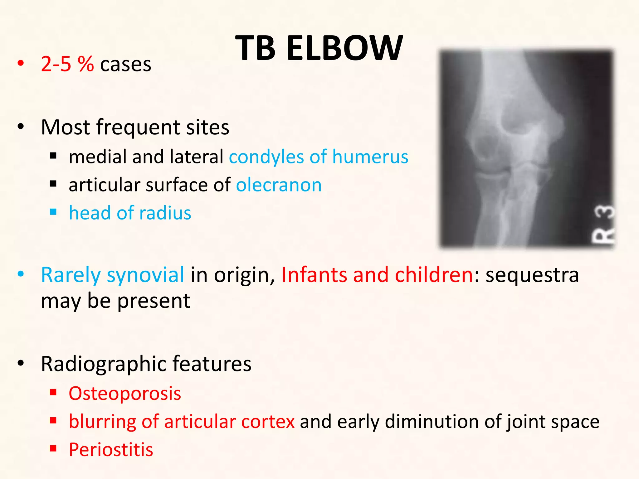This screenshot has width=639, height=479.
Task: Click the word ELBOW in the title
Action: [x=344, y=48]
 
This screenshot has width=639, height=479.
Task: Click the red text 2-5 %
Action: [x=67, y=65]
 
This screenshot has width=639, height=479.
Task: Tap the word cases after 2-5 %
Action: [x=126, y=65]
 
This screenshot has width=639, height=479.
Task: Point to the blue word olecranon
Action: [x=279, y=185]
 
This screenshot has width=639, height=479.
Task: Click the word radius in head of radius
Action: [x=165, y=213]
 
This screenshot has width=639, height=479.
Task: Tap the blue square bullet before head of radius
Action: [x=53, y=212]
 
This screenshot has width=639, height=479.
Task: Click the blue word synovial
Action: [x=145, y=275]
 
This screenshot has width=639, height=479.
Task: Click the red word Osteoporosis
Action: [x=125, y=394]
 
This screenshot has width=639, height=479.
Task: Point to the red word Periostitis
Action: [x=111, y=450]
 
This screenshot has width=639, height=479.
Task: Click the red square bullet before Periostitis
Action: [x=53, y=449]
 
